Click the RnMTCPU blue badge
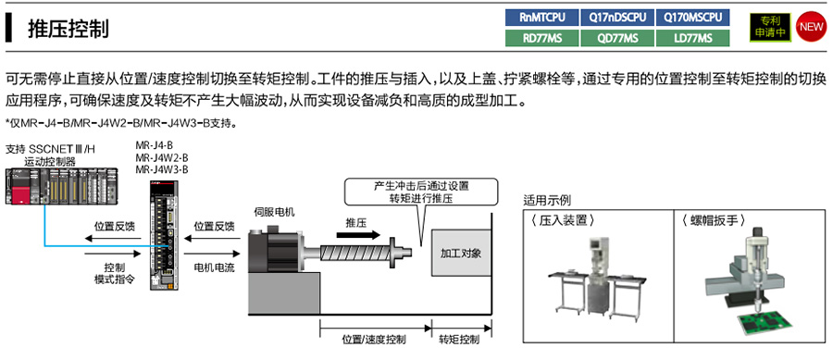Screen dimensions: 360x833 (542, 17)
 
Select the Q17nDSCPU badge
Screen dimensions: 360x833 (617, 17)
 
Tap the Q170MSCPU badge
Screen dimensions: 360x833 (692, 17)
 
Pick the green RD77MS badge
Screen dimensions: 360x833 (542, 37)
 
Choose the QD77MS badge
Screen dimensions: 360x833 (617, 37)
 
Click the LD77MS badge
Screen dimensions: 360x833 (692, 37)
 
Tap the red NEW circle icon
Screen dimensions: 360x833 (811, 26)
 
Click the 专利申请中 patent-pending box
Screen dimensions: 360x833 (770, 27)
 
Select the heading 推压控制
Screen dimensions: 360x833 (68, 29)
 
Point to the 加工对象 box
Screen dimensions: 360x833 (461, 252)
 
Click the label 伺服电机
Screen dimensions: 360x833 (274, 213)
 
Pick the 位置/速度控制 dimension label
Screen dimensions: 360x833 (373, 340)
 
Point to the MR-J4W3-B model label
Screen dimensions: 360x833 (162, 169)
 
